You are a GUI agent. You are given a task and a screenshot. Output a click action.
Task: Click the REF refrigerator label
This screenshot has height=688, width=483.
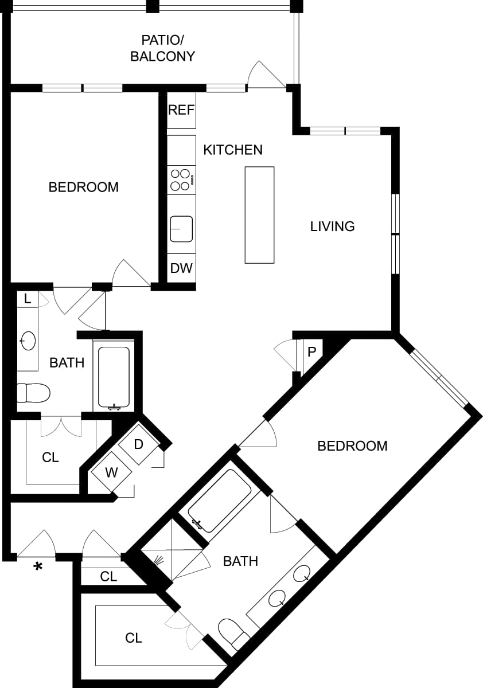point(181,110)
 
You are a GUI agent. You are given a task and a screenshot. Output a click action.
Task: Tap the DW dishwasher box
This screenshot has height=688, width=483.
point(181,268)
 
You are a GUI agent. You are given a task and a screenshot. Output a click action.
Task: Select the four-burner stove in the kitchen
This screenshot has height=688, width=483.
point(181,179)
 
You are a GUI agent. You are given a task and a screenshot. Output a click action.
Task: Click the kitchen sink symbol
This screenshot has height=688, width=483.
point(181,229)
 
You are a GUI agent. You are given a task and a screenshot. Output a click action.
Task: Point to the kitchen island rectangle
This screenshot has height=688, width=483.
point(259,214)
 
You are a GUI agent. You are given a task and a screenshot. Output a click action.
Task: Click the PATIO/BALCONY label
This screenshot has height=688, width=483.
point(162,48)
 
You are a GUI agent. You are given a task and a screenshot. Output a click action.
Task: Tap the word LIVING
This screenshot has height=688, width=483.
point(332,226)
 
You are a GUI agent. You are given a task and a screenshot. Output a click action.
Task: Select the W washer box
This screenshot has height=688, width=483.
point(111,473)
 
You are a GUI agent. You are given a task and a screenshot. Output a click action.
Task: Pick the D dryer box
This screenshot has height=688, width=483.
point(138,444)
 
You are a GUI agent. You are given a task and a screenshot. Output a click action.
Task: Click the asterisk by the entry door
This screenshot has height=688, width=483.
point(38,567)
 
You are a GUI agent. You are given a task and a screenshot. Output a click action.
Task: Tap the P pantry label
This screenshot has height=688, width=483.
point(311,351)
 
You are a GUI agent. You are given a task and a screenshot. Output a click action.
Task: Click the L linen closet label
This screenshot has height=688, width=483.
point(27,299)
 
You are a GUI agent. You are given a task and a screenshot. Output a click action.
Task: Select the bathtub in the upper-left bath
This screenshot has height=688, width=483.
point(114,377)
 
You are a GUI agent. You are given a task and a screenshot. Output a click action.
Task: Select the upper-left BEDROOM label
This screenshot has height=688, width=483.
point(83,187)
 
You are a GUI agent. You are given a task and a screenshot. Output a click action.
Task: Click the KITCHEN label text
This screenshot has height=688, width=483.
point(233,150)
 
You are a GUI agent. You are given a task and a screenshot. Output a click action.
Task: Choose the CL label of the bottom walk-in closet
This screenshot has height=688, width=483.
point(134,638)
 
